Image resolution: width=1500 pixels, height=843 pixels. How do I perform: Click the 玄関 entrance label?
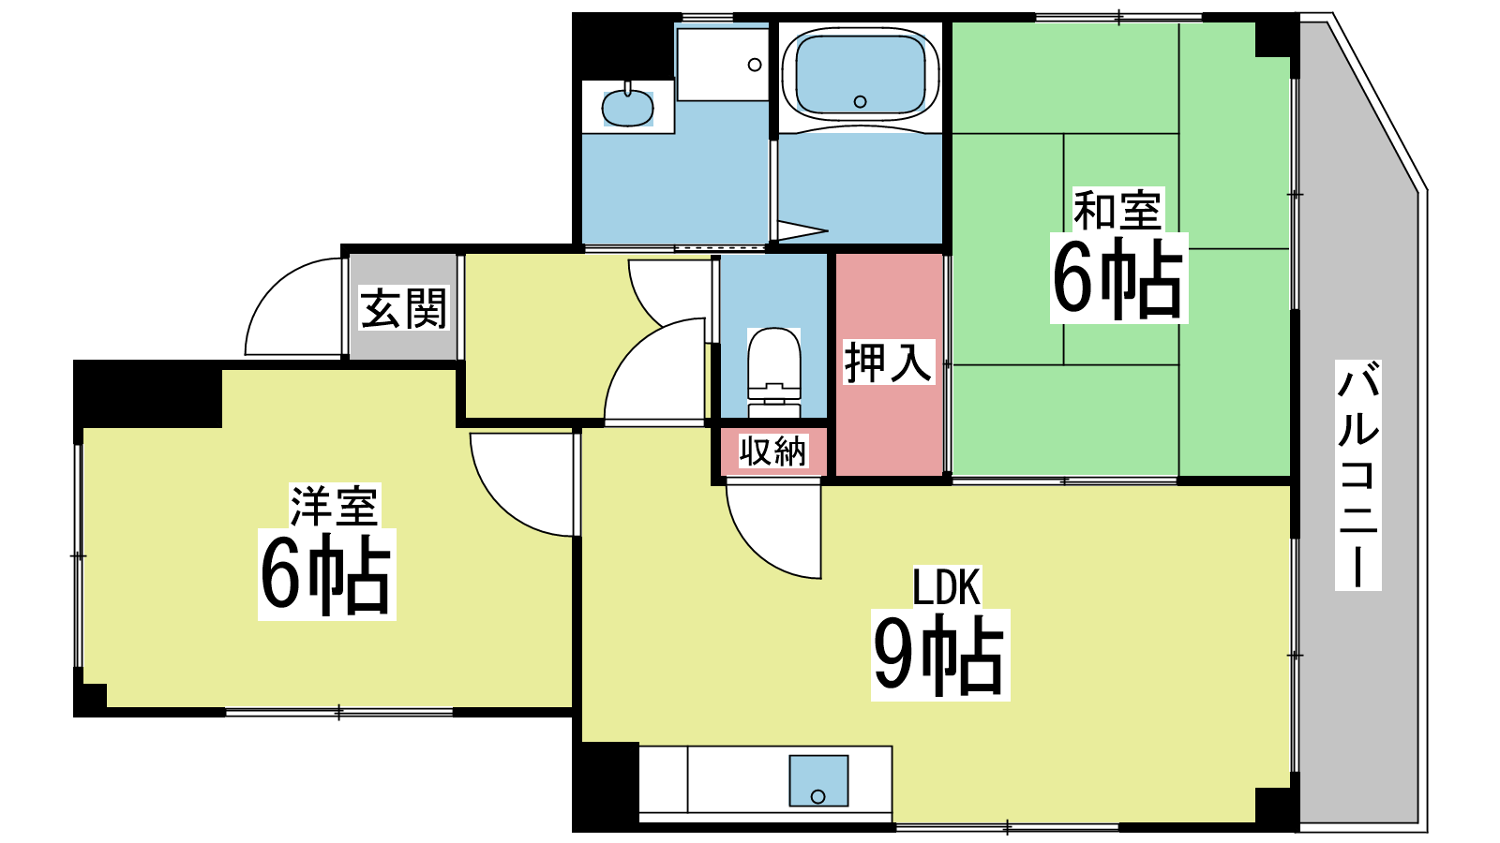pyautogui.click(x=404, y=308)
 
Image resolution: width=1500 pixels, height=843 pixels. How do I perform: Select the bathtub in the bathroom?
pyautogui.click(x=861, y=76)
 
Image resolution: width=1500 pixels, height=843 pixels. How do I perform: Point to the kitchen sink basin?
pyautogui.click(x=818, y=780)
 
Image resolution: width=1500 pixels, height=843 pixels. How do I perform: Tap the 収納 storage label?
pyautogui.click(x=773, y=451)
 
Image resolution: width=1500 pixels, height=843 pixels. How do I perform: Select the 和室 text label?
pyautogui.click(x=1117, y=210)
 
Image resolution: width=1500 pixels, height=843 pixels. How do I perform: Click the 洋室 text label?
pyautogui.click(x=335, y=505)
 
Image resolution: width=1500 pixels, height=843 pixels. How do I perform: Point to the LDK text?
pyautogui.click(x=947, y=586)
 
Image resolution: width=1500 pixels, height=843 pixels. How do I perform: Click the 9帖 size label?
pyautogui.click(x=940, y=655)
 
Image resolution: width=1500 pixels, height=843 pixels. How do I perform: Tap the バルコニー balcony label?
pyautogui.click(x=1357, y=475)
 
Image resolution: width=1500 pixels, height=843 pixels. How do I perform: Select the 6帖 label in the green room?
pyautogui.click(x=1118, y=278)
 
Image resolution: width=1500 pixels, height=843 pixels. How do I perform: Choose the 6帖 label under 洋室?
pyautogui.click(x=327, y=575)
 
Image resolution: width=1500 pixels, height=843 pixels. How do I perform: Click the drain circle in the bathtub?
pyautogui.click(x=861, y=102)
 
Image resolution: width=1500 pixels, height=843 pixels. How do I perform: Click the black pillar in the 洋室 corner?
pyautogui.click(x=147, y=394)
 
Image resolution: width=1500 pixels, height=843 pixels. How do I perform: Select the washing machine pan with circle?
pyautogui.click(x=722, y=65)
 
